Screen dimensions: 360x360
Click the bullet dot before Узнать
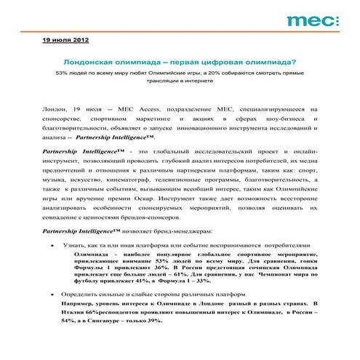(x=50, y=246)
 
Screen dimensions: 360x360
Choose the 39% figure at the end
(x=157, y=321)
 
